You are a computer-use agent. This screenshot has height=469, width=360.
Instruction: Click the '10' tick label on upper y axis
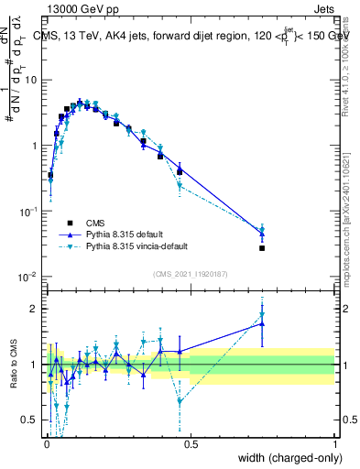[29, 80]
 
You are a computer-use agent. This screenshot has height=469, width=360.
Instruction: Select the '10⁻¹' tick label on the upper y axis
[28, 212]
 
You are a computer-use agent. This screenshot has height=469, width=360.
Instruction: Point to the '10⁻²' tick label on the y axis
[28, 278]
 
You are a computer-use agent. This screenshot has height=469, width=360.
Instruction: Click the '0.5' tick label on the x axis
[191, 444]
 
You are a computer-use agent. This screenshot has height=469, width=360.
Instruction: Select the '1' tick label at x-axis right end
[334, 444]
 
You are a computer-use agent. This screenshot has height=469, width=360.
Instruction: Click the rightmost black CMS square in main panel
[262, 248]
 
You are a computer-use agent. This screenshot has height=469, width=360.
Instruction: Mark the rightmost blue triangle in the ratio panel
[262, 323]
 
